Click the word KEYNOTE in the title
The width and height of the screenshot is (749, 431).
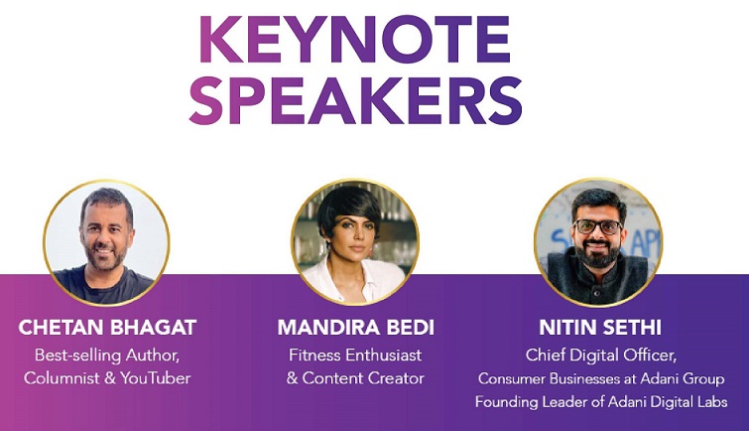point(355,39)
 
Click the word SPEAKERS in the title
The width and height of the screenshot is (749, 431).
point(355,100)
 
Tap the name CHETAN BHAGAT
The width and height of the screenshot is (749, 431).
point(107,328)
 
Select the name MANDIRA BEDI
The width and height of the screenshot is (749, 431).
point(356,328)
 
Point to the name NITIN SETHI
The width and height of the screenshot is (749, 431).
point(600,328)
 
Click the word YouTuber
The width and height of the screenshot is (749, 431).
point(155,378)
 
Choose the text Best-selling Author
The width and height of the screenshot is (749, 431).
point(106,356)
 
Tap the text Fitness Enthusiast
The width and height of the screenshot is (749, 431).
point(355,356)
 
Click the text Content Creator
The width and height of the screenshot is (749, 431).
point(363,378)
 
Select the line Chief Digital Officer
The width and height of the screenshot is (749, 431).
point(601,356)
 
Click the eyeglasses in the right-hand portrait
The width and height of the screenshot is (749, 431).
point(597,226)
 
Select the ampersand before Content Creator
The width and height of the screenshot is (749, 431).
point(293,378)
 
